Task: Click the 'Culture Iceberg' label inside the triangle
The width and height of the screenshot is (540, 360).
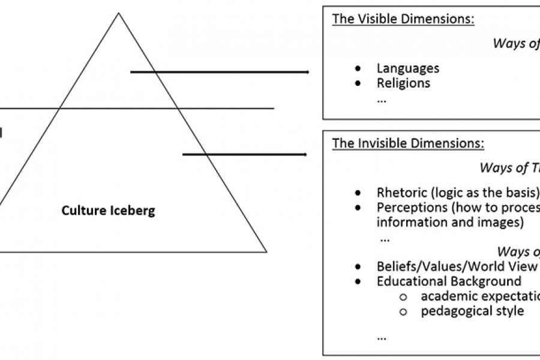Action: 108,211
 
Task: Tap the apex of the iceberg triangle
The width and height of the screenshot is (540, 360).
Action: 118,13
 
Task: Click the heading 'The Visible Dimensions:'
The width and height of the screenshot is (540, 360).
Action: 404,19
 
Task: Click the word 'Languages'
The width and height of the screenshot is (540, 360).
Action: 408,68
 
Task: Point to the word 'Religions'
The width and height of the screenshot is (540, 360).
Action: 403,83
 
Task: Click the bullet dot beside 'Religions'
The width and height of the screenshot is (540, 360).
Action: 358,83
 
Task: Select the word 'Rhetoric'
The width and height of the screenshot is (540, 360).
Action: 401,193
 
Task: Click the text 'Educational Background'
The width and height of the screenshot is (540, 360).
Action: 449,281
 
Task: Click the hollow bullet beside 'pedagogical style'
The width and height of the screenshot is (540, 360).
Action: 403,311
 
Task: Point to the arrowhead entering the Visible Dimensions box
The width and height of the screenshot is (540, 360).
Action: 307,72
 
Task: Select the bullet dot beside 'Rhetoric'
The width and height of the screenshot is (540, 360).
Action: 358,193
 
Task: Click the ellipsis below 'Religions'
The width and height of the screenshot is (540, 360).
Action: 382,99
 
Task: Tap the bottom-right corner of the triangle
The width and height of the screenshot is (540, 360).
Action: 266,251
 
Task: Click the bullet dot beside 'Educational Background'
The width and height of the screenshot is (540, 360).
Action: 358,281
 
